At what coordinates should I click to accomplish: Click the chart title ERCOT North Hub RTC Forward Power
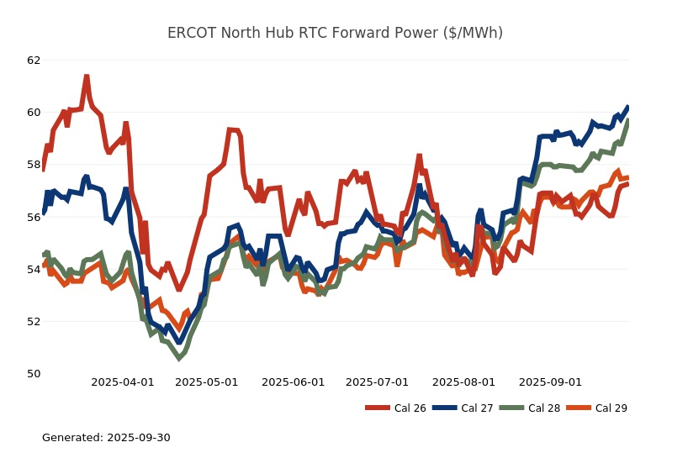click(x=335, y=34)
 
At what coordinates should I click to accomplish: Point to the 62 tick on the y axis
click(x=34, y=61)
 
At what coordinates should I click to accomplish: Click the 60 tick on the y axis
click(x=34, y=113)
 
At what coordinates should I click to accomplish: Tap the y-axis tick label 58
click(x=34, y=165)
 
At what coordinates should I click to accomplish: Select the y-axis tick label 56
click(x=34, y=217)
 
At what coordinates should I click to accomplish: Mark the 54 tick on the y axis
click(x=34, y=269)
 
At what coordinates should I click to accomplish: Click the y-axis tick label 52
click(x=34, y=321)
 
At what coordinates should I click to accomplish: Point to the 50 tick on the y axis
click(x=34, y=373)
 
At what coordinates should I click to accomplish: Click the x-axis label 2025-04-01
click(x=123, y=382)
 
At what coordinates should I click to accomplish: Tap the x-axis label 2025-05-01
click(x=207, y=382)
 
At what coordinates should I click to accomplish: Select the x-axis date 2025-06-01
click(x=294, y=382)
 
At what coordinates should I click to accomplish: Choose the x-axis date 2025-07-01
click(x=378, y=382)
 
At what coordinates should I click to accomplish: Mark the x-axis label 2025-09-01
click(x=551, y=382)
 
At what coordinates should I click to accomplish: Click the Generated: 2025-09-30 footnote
click(x=106, y=438)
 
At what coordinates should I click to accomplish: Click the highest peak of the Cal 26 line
click(x=87, y=77)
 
